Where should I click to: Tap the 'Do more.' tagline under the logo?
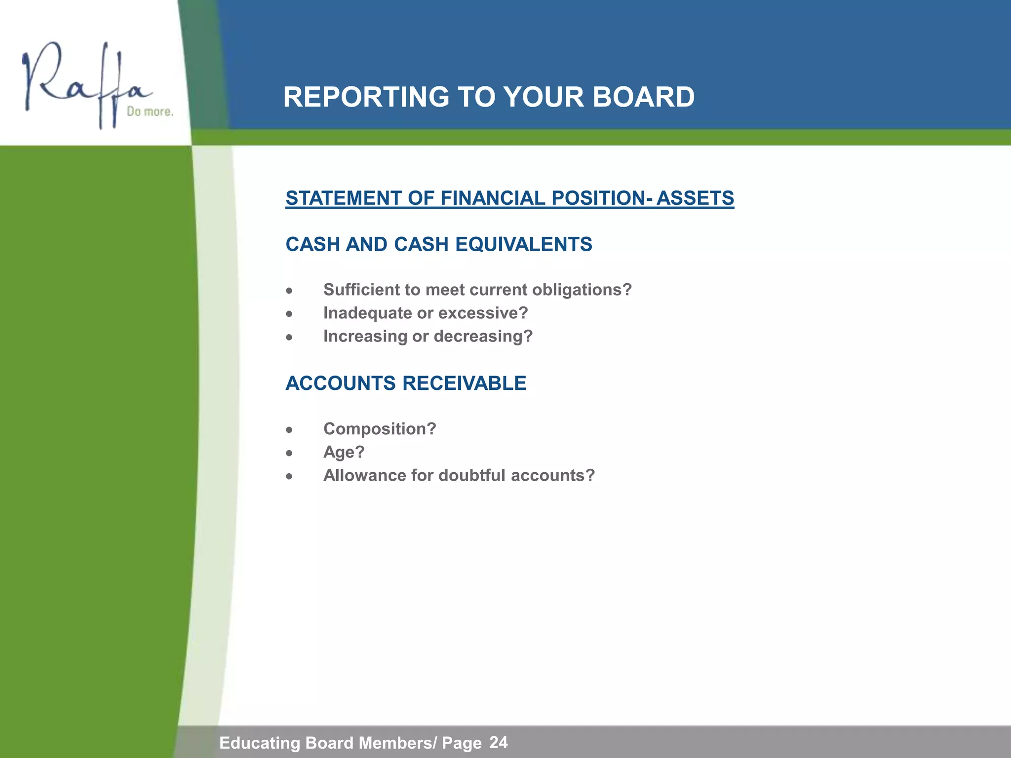(x=150, y=112)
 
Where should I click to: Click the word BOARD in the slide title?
(x=643, y=97)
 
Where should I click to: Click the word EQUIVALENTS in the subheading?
(x=524, y=244)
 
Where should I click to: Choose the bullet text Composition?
(x=380, y=429)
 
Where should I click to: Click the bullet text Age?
(x=344, y=452)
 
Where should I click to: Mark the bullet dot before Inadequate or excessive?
(x=289, y=314)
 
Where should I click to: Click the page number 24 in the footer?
(x=499, y=742)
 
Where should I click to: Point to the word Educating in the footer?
(x=260, y=743)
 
